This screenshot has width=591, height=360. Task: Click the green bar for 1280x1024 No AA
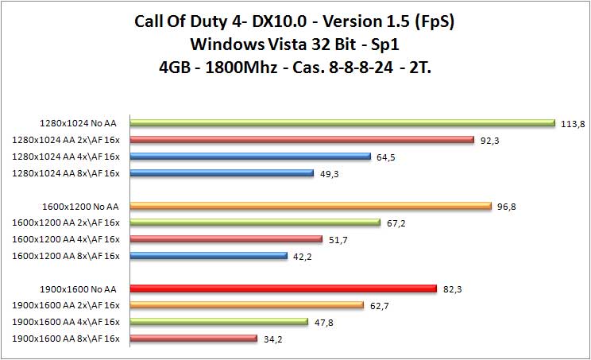[342, 123]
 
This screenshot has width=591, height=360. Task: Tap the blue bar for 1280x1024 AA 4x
[250, 157]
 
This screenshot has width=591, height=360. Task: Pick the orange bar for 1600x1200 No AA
[311, 207]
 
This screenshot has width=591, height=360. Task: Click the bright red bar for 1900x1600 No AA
[283, 288]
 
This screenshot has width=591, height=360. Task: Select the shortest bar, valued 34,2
[193, 339]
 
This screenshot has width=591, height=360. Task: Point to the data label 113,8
[570, 123]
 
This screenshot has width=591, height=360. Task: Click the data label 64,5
[386, 157]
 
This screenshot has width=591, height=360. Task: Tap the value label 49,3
[329, 173]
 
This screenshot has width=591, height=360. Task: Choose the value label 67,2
[396, 223]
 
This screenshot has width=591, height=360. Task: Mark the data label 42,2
[303, 257]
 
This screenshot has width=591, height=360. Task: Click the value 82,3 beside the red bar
[453, 289]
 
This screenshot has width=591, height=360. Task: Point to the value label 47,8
[323, 323]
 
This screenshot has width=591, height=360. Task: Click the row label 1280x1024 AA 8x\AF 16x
[66, 173]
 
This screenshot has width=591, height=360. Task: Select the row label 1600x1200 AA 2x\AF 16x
[66, 223]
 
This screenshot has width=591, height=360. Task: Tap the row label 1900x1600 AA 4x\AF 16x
[66, 322]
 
